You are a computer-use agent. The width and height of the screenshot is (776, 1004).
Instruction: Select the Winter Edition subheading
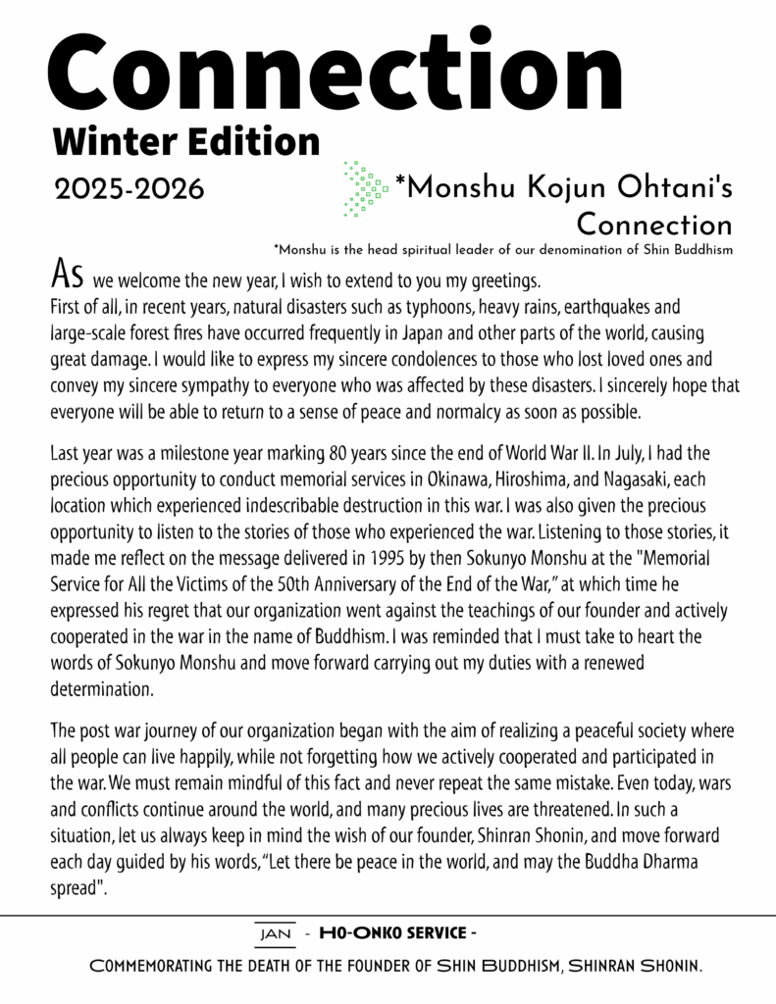click(x=186, y=141)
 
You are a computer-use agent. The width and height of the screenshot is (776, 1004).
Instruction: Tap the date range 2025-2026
click(x=129, y=188)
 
